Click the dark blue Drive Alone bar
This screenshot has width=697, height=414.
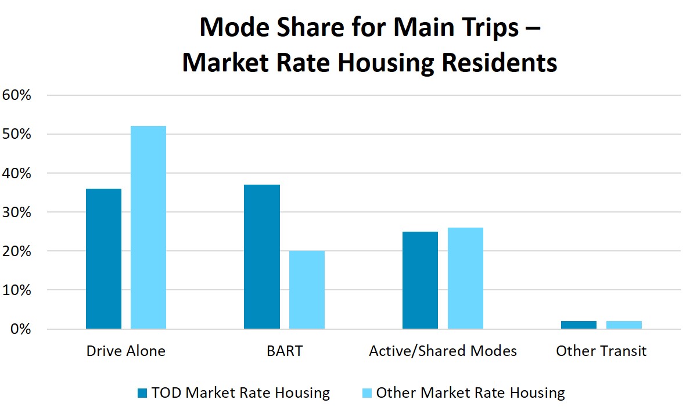[103, 258]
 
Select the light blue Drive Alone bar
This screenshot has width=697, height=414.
[149, 228]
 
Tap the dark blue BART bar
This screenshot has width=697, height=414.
[262, 257]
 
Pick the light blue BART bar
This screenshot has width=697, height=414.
[307, 290]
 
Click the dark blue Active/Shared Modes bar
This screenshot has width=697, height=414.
[420, 280]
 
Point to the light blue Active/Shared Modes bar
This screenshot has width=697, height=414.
[465, 278]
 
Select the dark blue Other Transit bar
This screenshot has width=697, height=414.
[579, 325]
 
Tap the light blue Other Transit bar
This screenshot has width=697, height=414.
[624, 325]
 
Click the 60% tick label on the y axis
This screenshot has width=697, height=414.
[16, 95]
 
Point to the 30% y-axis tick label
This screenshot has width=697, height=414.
[16, 213]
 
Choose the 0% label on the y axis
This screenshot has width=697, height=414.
[20, 329]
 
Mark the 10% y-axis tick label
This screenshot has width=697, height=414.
[16, 290]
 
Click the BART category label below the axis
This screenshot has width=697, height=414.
[285, 351]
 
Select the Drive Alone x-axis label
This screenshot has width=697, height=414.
[125, 351]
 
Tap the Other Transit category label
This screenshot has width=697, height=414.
[601, 351]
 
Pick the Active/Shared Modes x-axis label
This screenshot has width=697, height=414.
[443, 351]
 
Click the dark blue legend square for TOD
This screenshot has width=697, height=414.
[142, 393]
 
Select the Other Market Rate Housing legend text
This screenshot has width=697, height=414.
[470, 393]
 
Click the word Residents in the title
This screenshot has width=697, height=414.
[500, 63]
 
